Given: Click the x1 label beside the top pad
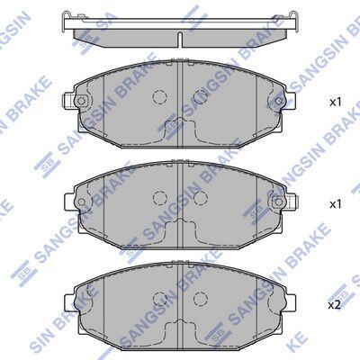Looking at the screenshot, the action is (x=336, y=103).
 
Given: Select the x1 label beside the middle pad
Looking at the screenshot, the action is (x=336, y=204).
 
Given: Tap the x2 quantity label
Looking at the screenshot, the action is (x=335, y=305).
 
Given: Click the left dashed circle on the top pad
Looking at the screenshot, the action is (x=160, y=96).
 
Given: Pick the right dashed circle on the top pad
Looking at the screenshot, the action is (x=201, y=96).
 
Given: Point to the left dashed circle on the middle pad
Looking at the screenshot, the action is (x=160, y=197).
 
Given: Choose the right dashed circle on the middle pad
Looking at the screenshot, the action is (x=201, y=197).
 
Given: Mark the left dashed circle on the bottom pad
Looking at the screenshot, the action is (x=160, y=298).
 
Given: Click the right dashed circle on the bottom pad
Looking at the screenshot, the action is (x=201, y=298).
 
